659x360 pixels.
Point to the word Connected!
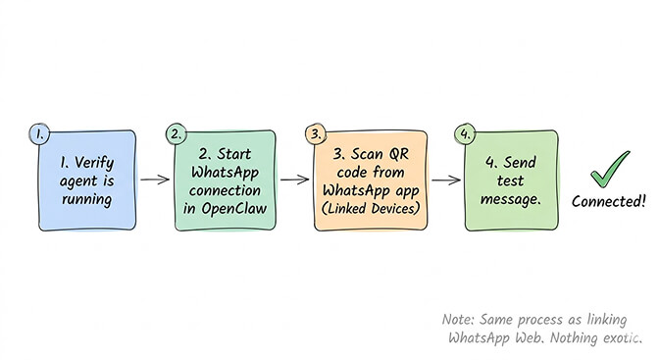[609, 201]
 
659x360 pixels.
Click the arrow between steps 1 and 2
[155, 180]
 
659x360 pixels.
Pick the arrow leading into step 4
[445, 180]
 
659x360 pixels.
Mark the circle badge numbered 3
[314, 132]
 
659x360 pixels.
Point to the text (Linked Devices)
[368, 209]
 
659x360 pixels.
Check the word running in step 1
[84, 199]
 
